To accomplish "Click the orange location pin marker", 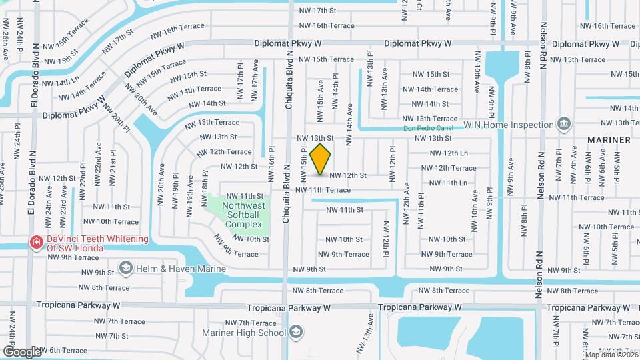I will tap(321, 159).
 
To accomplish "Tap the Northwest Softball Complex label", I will tap(243, 215).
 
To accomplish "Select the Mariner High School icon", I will tap(297, 331).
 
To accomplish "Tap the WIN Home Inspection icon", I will tap(564, 124).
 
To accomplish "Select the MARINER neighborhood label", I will tap(609, 140).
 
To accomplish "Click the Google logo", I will tap(22, 351).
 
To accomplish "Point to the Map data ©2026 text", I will tap(610, 355).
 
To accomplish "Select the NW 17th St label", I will tap(317, 11).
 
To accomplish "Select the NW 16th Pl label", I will tap(272, 164).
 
